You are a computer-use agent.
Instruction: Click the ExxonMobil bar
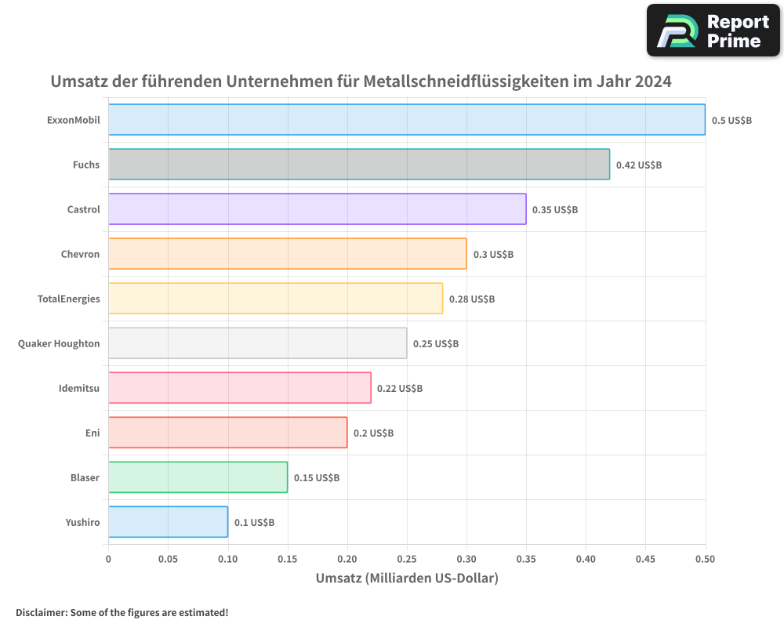pyautogui.click(x=406, y=120)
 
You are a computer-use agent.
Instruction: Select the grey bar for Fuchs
pyautogui.click(x=358, y=165)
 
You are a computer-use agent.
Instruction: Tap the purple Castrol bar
pyautogui.click(x=317, y=209)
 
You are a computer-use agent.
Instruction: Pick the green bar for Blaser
pyautogui.click(x=198, y=477)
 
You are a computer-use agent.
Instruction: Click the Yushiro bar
pyautogui.click(x=168, y=522)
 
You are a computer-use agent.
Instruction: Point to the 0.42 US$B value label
pyautogui.click(x=638, y=165)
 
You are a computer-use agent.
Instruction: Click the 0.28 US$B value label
pyautogui.click(x=472, y=299)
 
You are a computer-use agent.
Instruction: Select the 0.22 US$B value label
pyautogui.click(x=400, y=389)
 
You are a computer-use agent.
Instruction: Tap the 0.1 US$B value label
pyautogui.click(x=254, y=523)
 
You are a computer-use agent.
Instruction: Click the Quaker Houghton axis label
pyautogui.click(x=59, y=343)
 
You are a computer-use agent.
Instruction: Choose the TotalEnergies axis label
pyautogui.click(x=68, y=299)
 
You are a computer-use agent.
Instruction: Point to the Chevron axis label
pyautogui.click(x=80, y=254)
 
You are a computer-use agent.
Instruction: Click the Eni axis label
pyautogui.click(x=93, y=433)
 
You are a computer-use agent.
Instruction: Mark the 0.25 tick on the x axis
pyautogui.click(x=407, y=559)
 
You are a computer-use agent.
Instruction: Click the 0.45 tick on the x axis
pyautogui.click(x=645, y=559)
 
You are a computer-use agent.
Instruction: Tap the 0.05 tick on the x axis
pyautogui.click(x=168, y=559)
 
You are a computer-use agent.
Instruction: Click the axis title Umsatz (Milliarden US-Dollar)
pyautogui.click(x=407, y=578)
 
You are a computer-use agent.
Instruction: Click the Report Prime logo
pyautogui.click(x=713, y=31)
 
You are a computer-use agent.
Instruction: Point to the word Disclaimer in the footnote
pyautogui.click(x=40, y=612)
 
